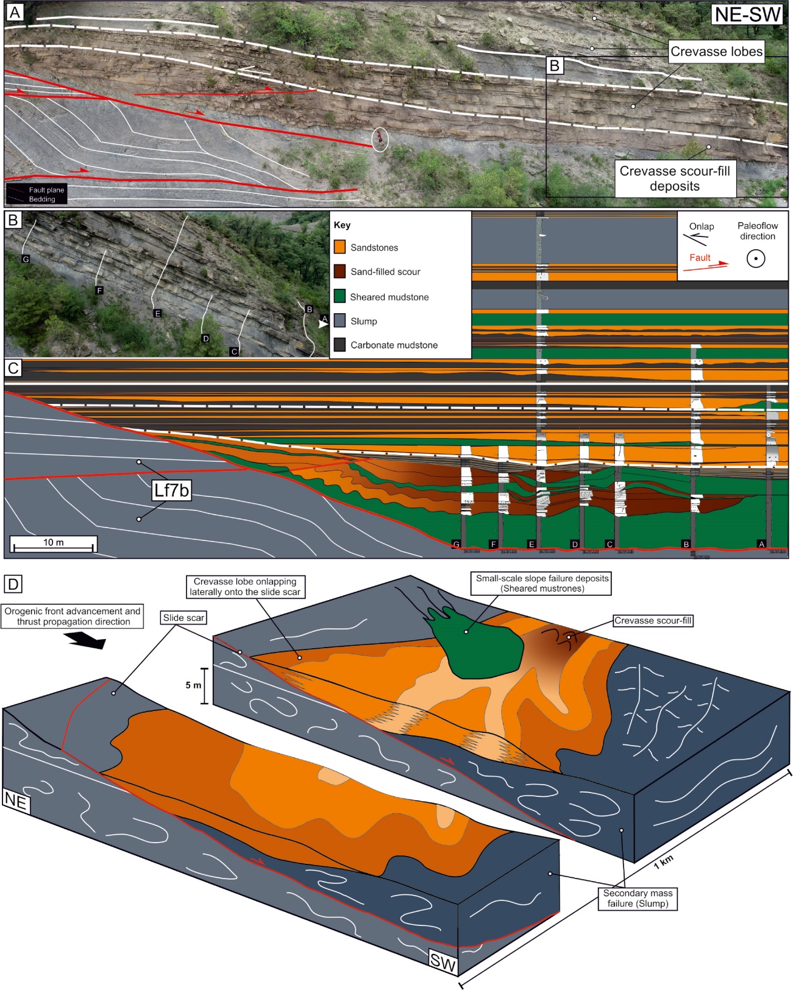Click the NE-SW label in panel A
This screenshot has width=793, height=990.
click(x=747, y=15)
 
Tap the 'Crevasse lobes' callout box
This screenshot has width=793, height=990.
click(x=716, y=52)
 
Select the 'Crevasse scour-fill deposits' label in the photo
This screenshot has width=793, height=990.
click(x=674, y=179)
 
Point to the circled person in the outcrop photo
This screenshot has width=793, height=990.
click(x=380, y=139)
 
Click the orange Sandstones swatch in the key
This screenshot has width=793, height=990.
click(x=340, y=247)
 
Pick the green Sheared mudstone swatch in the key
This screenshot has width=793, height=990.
click(x=340, y=297)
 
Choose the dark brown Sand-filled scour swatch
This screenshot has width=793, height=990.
click(x=340, y=272)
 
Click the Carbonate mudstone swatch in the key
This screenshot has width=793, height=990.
click(x=340, y=345)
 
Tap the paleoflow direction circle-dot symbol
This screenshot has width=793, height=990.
click(x=756, y=259)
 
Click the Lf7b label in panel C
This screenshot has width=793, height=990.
click(x=171, y=490)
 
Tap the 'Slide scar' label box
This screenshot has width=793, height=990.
click(x=183, y=618)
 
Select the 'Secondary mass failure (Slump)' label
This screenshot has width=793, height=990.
click(x=638, y=898)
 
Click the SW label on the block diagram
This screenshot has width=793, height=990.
click(x=443, y=961)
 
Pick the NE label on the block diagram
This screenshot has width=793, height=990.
click(x=16, y=801)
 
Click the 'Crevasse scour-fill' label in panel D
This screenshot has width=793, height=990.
click(x=653, y=621)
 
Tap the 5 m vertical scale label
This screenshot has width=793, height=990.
click(x=193, y=685)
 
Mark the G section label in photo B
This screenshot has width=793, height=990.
click(x=26, y=260)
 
